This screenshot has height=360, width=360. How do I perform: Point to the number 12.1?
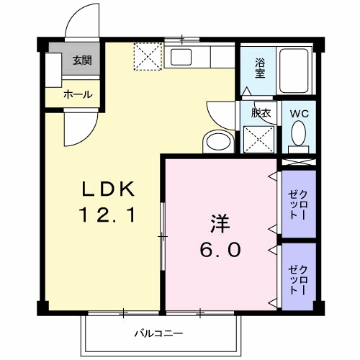[x=107, y=215]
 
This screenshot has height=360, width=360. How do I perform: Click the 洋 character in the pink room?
[x=220, y=224]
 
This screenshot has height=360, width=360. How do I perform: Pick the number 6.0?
[x=220, y=250]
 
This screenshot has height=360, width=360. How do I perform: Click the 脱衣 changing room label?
[x=260, y=112]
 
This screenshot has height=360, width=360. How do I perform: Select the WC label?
[x=300, y=113]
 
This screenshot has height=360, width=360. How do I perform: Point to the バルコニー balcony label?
[x=158, y=333]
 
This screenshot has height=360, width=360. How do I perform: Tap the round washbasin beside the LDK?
[x=216, y=142]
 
